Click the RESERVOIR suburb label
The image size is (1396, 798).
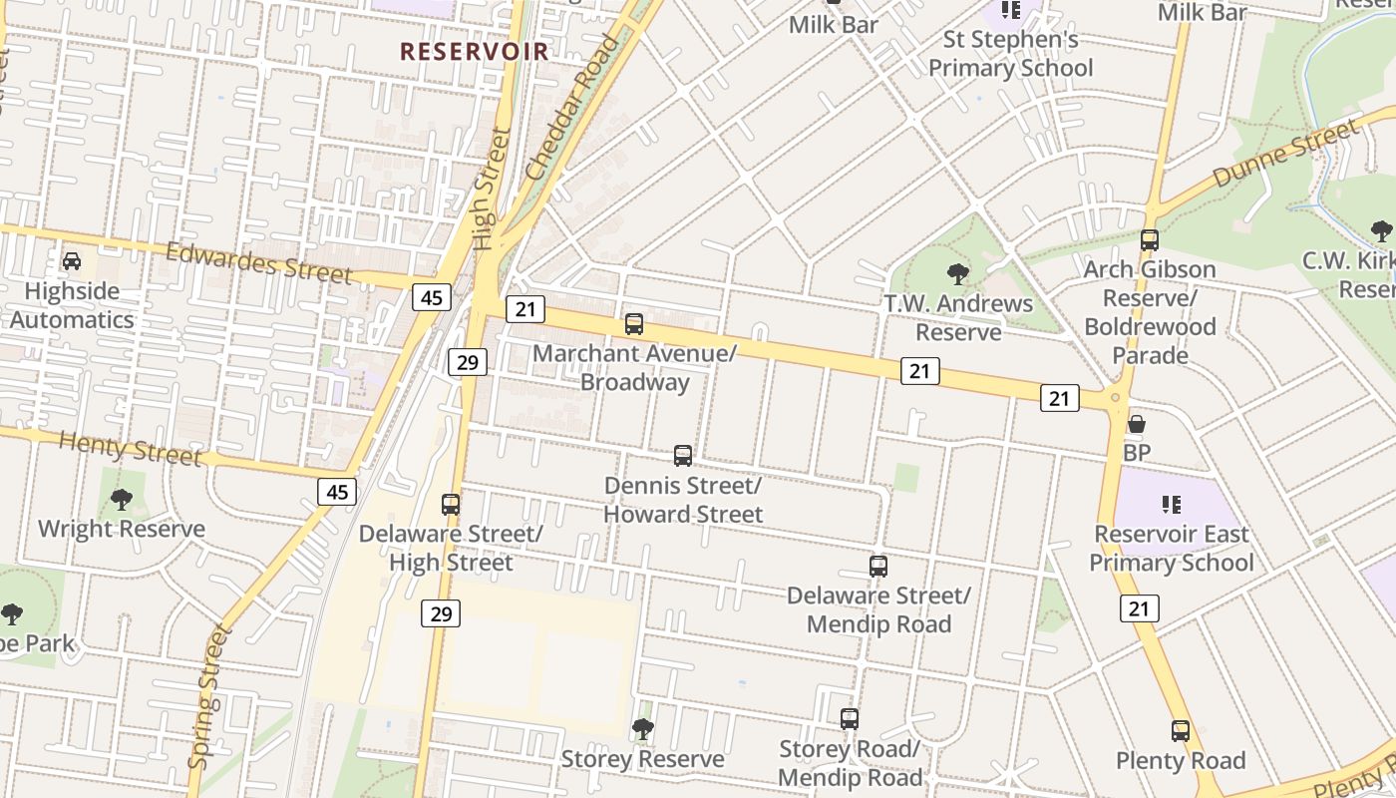click(x=475, y=51)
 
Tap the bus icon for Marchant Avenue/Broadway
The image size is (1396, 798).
click(x=634, y=323)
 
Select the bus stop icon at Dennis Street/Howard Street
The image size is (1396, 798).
click(x=683, y=456)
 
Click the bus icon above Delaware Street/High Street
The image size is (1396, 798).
click(x=451, y=504)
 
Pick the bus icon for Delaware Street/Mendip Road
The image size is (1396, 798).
click(x=878, y=567)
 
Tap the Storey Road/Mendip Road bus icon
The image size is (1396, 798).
click(x=850, y=718)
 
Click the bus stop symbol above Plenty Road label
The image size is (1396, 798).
click(x=1181, y=731)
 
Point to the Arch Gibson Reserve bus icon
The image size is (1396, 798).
click(x=1150, y=239)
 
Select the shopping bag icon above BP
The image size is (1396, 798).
click(x=1137, y=424)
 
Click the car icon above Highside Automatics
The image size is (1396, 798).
click(x=72, y=261)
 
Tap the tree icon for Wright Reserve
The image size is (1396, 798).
click(x=122, y=499)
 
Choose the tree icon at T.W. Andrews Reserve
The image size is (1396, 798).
click(x=958, y=273)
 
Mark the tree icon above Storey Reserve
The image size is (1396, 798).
click(x=643, y=729)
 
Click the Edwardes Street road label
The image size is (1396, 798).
click(x=259, y=263)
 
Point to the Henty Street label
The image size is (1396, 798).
click(x=131, y=449)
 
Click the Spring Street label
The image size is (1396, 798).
click(x=209, y=696)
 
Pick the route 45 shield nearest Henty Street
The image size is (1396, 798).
click(x=338, y=491)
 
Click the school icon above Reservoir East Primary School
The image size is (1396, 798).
click(x=1172, y=505)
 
